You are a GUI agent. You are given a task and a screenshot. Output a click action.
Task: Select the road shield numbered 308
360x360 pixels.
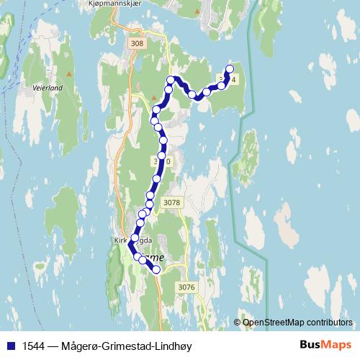(137, 44)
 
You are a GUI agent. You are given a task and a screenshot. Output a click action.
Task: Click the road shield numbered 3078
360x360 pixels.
(171, 204)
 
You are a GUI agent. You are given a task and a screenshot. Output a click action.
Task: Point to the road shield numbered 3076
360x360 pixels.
(186, 287)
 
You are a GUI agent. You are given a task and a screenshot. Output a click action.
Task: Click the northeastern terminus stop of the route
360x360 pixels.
(230, 69)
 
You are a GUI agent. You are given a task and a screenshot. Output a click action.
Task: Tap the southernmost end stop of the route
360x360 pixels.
(156, 270)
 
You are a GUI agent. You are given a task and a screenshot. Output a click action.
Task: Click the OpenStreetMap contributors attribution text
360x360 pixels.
(298, 323)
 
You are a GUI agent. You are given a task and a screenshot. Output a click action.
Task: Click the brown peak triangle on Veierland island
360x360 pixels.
(69, 73)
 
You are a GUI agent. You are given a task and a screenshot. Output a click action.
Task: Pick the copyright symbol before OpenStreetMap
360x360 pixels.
(238, 323)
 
